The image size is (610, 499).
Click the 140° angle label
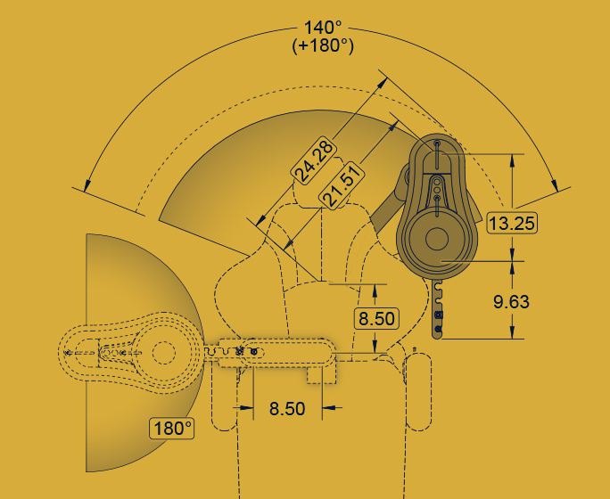click(323, 28)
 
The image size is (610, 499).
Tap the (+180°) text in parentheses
click(323, 45)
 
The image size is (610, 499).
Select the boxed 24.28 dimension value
click(314, 160)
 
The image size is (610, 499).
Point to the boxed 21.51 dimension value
click(342, 185)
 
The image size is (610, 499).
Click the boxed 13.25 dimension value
click(512, 223)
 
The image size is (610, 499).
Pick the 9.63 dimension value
click(511, 302)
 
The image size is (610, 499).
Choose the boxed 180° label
click(172, 429)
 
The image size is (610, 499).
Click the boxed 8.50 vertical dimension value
click(376, 319)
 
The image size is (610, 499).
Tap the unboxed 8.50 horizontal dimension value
click(287, 409)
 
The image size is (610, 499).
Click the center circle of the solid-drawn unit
click(437, 239)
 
